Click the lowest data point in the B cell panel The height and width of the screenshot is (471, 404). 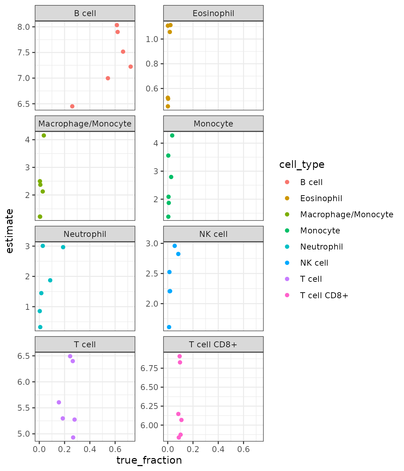click(x=72, y=106)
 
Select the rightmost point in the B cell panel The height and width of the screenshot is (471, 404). click(x=130, y=67)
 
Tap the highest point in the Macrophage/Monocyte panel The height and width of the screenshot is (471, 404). click(x=44, y=136)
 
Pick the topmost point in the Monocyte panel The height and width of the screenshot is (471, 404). click(x=172, y=136)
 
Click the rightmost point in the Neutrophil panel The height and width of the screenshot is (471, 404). click(x=63, y=247)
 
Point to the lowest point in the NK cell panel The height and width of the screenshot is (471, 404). click(x=169, y=327)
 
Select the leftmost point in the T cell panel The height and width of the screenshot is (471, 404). click(x=59, y=402)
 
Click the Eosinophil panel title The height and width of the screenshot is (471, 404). click(x=213, y=13)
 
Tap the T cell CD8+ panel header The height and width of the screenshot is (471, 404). click(x=213, y=344)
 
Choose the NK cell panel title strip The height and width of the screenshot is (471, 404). click(x=213, y=234)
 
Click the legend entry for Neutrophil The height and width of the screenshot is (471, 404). click(x=321, y=247)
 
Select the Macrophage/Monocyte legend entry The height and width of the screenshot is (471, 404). click(x=346, y=214)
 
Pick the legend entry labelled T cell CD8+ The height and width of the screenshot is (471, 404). click(x=324, y=295)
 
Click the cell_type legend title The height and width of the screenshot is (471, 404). click(x=302, y=164)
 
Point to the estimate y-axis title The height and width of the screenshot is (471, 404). click(x=10, y=231)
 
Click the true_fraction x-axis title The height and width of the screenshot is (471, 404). click(x=149, y=460)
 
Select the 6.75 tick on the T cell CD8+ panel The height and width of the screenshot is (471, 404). click(x=149, y=368)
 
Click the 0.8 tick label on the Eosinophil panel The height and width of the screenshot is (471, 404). click(x=152, y=64)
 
